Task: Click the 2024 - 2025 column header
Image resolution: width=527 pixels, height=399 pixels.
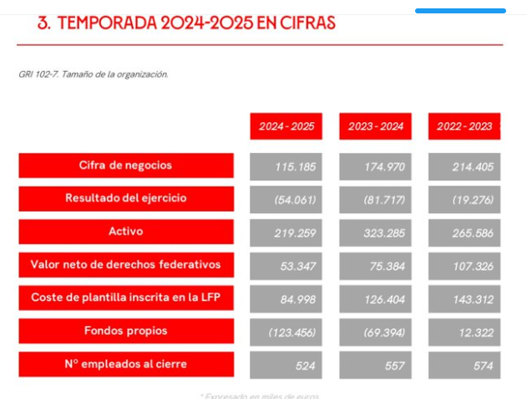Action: pyautogui.click(x=286, y=126)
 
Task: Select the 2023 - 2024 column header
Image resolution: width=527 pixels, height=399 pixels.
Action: pyautogui.click(x=375, y=126)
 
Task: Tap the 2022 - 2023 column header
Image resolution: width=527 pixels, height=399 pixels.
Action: pyautogui.click(x=464, y=126)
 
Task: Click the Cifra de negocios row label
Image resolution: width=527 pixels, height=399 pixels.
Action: pyautogui.click(x=126, y=166)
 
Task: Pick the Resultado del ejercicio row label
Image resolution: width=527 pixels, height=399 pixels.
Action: pyautogui.click(x=126, y=198)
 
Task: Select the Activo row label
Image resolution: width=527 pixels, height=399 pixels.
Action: pyautogui.click(x=126, y=231)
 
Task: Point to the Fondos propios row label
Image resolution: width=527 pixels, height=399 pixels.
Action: pyautogui.click(x=126, y=330)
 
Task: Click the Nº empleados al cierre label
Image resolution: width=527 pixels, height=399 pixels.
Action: pyautogui.click(x=126, y=364)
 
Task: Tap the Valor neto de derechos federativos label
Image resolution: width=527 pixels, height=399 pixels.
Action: pyautogui.click(x=126, y=264)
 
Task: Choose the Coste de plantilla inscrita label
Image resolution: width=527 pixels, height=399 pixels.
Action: pyautogui.click(x=126, y=298)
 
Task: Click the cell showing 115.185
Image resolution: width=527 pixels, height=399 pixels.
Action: pyautogui.click(x=286, y=166)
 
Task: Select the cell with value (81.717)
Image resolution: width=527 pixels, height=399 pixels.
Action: pyautogui.click(x=375, y=199)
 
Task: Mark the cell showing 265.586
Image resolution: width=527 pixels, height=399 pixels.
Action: pyautogui.click(x=464, y=232)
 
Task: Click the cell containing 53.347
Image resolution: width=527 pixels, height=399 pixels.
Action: pyautogui.click(x=286, y=265)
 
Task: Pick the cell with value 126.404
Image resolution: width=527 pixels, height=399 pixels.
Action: pyautogui.click(x=375, y=299)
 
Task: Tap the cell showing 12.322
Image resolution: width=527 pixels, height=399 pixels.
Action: pyautogui.click(x=464, y=332)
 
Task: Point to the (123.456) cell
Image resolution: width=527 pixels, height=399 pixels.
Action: pyautogui.click(x=286, y=332)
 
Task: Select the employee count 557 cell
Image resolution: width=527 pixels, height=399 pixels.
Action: pyautogui.click(x=375, y=365)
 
